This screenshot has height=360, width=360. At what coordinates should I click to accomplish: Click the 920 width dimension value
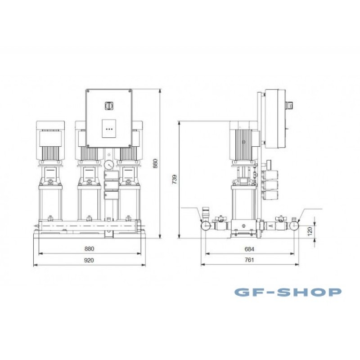pos(89,260)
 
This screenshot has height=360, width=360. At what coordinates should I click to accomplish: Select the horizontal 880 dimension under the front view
pos(89,249)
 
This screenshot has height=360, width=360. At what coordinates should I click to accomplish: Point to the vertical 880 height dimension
pos(155,163)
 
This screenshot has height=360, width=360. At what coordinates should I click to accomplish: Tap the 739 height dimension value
pos(175,179)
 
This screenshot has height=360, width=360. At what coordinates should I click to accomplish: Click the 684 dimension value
pos(250,249)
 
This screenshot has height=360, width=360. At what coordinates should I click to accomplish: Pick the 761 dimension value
pos(250,260)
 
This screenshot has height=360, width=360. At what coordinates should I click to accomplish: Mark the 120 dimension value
pos(310,231)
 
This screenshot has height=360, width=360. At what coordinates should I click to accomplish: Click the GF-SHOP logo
pos(288,292)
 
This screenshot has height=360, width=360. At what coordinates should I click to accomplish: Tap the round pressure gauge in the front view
pos(108,165)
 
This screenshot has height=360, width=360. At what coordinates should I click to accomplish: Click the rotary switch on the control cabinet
pos(108,106)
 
